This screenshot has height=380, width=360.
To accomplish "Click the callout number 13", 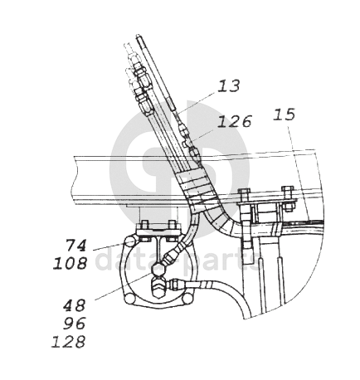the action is [229, 86].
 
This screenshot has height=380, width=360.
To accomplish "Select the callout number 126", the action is [235, 121].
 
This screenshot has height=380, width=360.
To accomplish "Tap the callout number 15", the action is [285, 114].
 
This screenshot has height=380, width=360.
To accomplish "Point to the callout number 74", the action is [76, 246].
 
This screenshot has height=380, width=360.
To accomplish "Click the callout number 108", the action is [71, 263].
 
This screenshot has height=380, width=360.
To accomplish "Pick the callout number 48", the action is [75, 305].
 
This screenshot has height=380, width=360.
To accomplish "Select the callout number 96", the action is [75, 324].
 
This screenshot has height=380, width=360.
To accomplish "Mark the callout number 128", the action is [68, 341].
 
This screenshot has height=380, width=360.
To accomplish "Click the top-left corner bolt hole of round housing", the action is [129, 243].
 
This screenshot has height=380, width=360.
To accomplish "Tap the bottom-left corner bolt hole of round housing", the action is [129, 299].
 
